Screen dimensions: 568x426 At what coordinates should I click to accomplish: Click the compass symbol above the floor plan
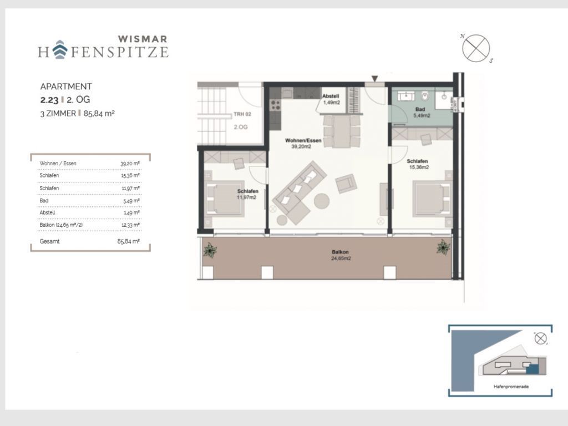[x=476, y=48]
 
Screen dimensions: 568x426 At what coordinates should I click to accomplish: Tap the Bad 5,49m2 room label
[x=422, y=112]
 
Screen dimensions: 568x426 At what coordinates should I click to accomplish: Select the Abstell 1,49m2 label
[x=331, y=99]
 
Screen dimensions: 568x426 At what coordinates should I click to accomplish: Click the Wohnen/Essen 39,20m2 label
[x=303, y=144]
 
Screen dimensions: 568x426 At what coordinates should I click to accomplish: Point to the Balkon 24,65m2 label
[x=341, y=255]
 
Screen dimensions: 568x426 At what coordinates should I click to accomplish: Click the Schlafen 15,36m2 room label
[x=418, y=164]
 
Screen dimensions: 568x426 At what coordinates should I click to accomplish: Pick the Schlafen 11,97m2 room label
[x=247, y=194]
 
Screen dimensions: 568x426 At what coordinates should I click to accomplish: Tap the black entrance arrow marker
[x=375, y=79]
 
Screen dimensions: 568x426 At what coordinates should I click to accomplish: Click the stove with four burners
[x=275, y=105]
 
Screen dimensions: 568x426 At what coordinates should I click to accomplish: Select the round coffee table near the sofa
[x=322, y=201]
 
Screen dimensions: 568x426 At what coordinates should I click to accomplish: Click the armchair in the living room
[x=346, y=183]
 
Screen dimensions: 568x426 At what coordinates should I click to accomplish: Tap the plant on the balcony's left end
[x=210, y=250]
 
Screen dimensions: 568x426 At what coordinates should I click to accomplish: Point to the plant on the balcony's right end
[x=443, y=247]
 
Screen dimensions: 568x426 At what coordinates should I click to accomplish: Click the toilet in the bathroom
[x=425, y=97]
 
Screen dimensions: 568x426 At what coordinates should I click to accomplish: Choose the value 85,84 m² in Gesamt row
[x=129, y=241]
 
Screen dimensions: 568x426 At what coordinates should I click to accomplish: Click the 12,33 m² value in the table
[x=131, y=225]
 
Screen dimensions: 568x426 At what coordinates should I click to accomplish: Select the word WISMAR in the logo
[x=143, y=39]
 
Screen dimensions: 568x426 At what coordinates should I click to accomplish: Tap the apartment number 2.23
[x=49, y=100]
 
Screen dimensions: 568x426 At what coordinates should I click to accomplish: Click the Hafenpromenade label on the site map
[x=511, y=387]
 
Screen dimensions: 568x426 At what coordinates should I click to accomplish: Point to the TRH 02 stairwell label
[x=242, y=114]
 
